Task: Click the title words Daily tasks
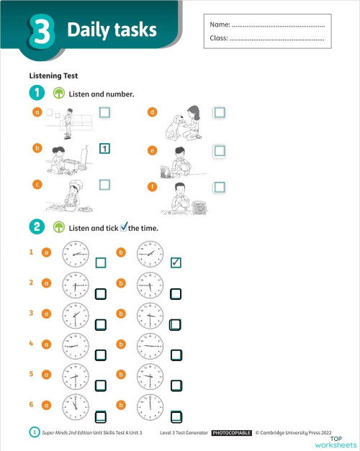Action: click(x=112, y=30)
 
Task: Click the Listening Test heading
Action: click(x=53, y=76)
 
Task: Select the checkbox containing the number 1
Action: click(x=104, y=149)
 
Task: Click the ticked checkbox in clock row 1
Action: click(x=176, y=263)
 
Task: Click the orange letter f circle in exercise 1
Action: click(x=152, y=187)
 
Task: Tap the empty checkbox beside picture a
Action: click(x=104, y=112)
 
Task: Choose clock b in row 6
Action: click(x=149, y=406)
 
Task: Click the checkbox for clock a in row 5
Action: click(x=101, y=385)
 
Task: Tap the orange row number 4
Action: click(x=31, y=343)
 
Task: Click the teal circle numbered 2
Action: click(x=36, y=227)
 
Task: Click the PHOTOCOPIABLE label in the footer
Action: click(x=231, y=433)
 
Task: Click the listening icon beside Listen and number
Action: click(x=59, y=94)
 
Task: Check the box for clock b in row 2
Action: click(x=176, y=293)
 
